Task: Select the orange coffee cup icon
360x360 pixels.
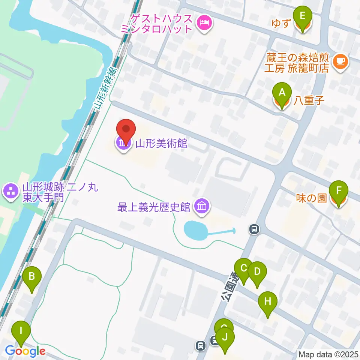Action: pyautogui.click(x=340, y=60)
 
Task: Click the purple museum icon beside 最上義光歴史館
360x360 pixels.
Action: pyautogui.click(x=202, y=207)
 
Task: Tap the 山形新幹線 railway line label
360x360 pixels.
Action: pyautogui.click(x=105, y=88)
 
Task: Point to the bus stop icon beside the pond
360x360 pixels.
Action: pyautogui.click(x=254, y=228)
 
